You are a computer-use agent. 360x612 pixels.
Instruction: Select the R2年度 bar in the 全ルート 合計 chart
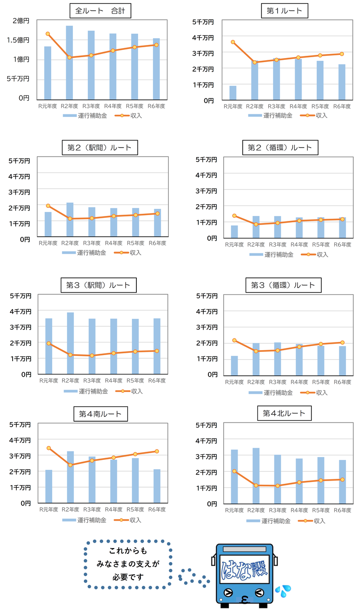[x=69, y=63]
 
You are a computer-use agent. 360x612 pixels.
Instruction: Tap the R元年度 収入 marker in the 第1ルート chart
[x=233, y=42]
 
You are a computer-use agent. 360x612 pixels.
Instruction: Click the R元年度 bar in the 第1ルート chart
[x=233, y=93]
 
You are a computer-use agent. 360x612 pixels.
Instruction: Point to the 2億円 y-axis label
[x=21, y=21]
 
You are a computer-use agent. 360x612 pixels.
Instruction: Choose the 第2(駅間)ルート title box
[x=100, y=147]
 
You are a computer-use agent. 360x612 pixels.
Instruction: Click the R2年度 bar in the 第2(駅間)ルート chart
[x=70, y=220]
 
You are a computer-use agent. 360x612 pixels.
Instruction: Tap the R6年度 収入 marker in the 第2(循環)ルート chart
[x=342, y=219]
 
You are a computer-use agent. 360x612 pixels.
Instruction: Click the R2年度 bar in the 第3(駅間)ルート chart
[x=70, y=343]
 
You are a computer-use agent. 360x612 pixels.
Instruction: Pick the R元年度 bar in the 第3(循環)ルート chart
[x=234, y=365]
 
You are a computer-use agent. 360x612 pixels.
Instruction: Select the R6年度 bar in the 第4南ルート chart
[x=157, y=486]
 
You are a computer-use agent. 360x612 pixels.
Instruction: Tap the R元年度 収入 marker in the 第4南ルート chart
[x=49, y=448]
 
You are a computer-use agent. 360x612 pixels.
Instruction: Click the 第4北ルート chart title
[x=283, y=413]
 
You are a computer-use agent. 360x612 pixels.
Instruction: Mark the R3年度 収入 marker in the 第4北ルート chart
[x=278, y=486]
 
